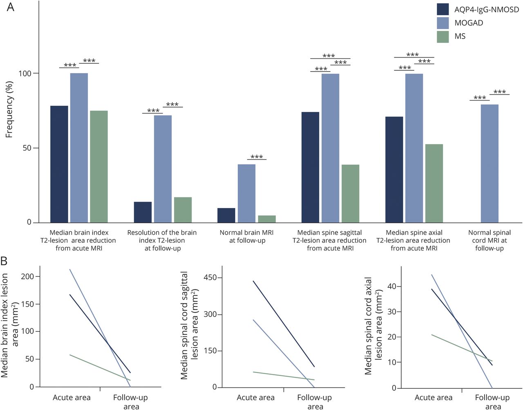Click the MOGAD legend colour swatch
pyautogui.click(x=443, y=23)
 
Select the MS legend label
pyautogui.click(x=460, y=36)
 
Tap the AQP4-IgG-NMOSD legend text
pyautogui.click(x=487, y=9)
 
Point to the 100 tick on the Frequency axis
pyautogui.click(x=25, y=74)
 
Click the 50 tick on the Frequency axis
pyautogui.click(x=27, y=148)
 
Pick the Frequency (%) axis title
pyautogui.click(x=9, y=109)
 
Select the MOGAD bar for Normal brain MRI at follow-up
pyautogui.click(x=246, y=193)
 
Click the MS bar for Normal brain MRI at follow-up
pyautogui.click(x=267, y=219)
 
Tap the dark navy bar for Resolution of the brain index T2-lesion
pyautogui.click(x=143, y=212)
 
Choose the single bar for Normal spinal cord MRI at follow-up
pyautogui.click(x=489, y=164)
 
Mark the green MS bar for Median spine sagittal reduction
pyautogui.click(x=350, y=193)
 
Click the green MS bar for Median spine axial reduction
pyautogui.click(x=434, y=183)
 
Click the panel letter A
pyautogui.click(x=10, y=7)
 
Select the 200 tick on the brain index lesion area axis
pyautogui.click(x=27, y=277)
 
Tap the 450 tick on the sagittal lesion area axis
pyautogui.click(x=210, y=278)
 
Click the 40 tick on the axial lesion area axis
pyautogui.click(x=391, y=287)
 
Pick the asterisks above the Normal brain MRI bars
pyautogui.click(x=257, y=157)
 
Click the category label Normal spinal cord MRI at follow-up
pyautogui.click(x=489, y=240)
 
